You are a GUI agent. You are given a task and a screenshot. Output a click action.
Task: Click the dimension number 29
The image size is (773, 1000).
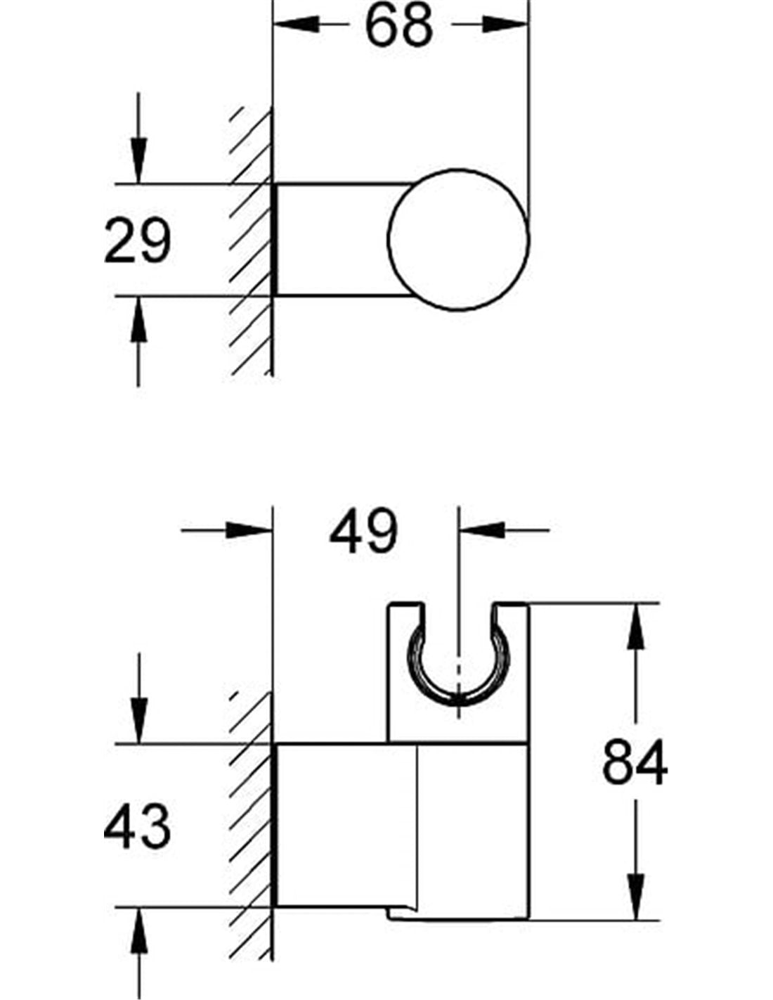point(137,241)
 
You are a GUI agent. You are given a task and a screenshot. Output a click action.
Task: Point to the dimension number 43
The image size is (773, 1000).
point(137,826)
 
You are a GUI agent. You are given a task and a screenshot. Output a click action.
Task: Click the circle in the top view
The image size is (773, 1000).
point(457,240)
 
